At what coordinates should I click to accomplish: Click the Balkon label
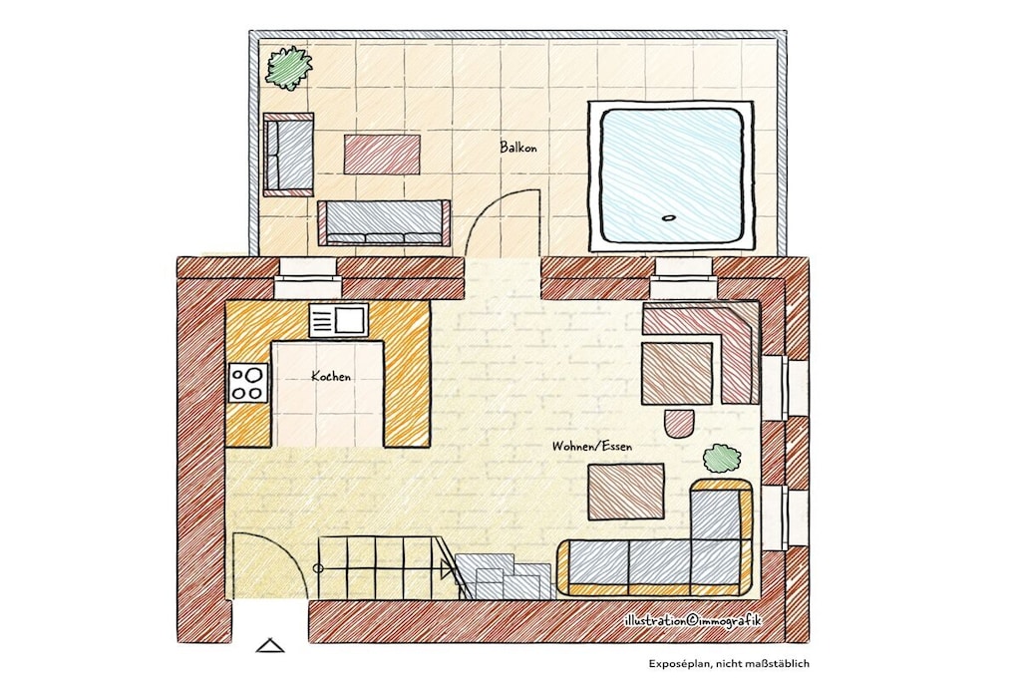[518, 148]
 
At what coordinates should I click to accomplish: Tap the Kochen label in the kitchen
[331, 376]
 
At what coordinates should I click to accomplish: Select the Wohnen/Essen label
[592, 447]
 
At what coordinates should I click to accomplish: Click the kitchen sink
[339, 320]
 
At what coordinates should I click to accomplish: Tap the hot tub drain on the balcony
[668, 218]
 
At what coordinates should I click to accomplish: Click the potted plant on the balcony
[288, 67]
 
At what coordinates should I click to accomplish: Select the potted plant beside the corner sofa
[722, 459]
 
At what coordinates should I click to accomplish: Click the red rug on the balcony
[382, 155]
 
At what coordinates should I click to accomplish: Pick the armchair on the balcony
[288, 155]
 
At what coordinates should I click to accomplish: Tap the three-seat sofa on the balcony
[384, 222]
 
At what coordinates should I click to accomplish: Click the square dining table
[677, 373]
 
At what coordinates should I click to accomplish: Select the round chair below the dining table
[678, 423]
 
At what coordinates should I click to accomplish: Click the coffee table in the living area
[626, 492]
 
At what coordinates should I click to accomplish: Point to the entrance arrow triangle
[269, 645]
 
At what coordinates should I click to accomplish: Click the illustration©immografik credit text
[692, 621]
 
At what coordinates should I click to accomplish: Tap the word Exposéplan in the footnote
[677, 664]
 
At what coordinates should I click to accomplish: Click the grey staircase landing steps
[504, 576]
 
